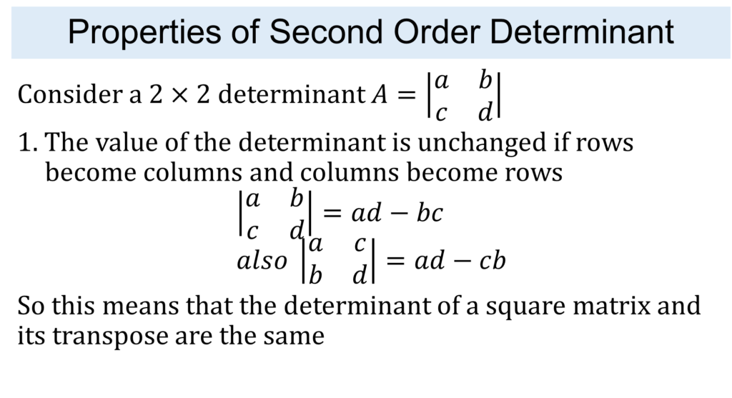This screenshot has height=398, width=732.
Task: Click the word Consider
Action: point(70,94)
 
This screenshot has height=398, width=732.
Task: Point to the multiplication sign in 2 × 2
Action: point(179,95)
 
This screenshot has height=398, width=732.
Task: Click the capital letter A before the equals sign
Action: point(380,94)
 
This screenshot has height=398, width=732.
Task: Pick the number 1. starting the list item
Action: point(28,142)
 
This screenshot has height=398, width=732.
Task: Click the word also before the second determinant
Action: point(262,260)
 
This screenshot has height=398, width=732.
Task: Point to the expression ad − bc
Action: point(397,213)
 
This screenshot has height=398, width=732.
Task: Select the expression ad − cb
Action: point(460,260)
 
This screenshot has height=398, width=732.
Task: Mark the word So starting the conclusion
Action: point(31,307)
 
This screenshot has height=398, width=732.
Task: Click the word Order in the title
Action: point(437,31)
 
